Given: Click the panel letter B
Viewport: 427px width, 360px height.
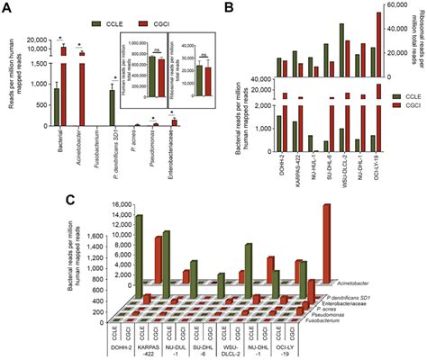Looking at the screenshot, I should [x=230, y=8].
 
